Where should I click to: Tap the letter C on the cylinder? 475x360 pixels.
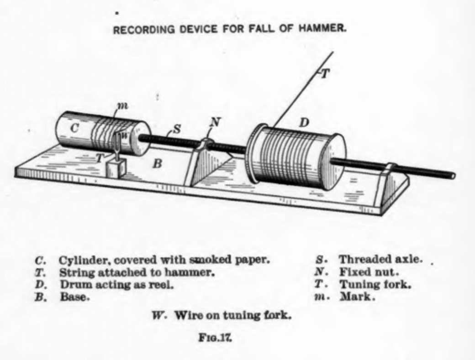pos(75,129)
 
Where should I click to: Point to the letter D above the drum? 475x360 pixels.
pos(303,122)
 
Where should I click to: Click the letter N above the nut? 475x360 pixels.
pos(215,122)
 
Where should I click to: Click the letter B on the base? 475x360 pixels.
pos(157,163)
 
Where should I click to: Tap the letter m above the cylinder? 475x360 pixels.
pos(122,106)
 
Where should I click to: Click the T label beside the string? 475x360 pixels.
pos(324,73)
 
